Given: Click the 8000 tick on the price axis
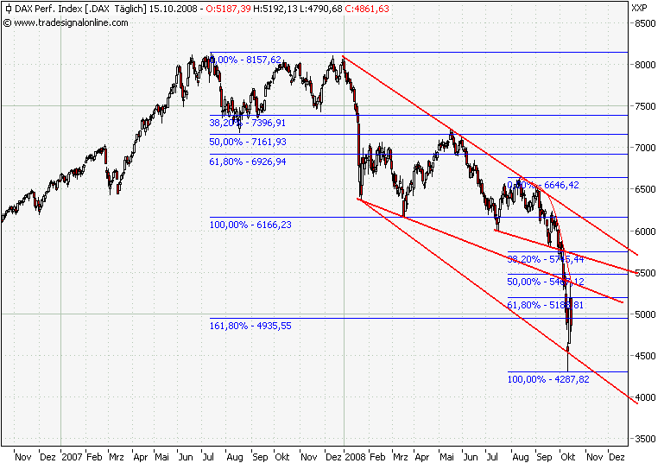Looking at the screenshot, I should click(644, 65).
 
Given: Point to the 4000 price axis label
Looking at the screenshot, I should click(644, 398).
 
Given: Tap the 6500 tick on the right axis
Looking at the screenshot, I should click(644, 190).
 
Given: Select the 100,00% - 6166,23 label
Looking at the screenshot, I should click(250, 225).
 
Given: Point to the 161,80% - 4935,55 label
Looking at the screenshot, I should click(250, 326).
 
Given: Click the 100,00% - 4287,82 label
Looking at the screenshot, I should click(548, 379).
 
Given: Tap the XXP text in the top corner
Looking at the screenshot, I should click(640, 8).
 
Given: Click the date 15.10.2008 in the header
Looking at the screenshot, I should click(174, 8).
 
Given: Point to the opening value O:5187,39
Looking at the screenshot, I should click(229, 8).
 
